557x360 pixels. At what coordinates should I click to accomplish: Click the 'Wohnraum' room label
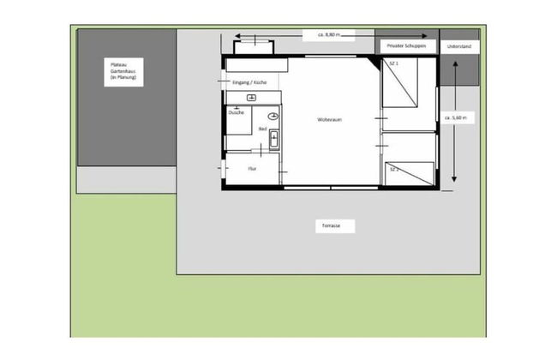(330, 120)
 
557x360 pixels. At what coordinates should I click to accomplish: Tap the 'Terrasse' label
(332, 225)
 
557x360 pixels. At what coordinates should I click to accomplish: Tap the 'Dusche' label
(237, 112)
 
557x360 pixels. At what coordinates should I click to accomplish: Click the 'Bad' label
(263, 129)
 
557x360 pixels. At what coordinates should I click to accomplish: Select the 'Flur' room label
(252, 169)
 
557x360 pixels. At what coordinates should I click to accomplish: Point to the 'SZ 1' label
(393, 64)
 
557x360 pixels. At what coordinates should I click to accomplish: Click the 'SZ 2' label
(395, 170)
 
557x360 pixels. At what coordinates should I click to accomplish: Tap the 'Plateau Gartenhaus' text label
(123, 71)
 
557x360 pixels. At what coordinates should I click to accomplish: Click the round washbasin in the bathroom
(273, 116)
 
